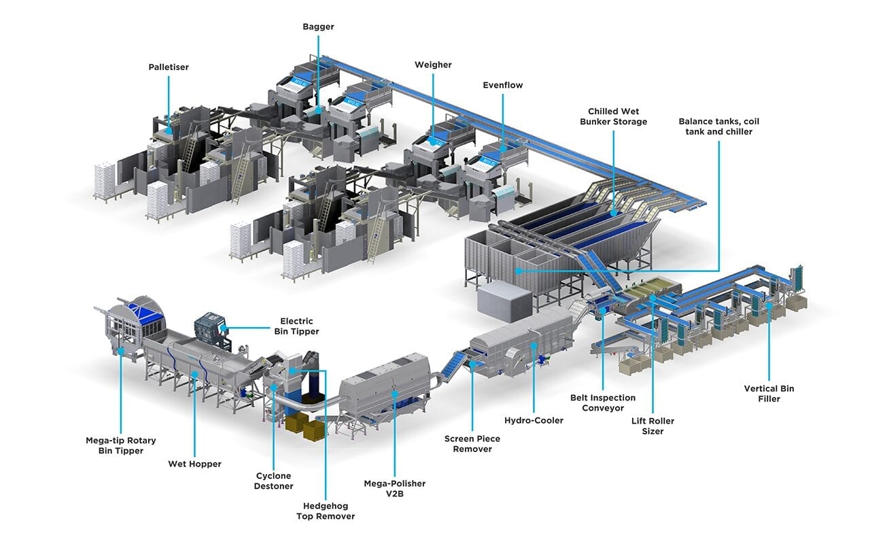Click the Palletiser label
coord(169,67)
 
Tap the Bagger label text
coord(319,27)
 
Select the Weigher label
coord(433,65)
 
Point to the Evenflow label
coord(503,85)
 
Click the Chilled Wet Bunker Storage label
coord(614,116)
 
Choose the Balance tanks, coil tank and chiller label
coord(719,126)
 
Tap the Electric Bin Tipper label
coord(297,326)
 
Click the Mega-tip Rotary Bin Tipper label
coord(121,445)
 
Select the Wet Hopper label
coord(194,464)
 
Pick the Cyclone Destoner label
coord(273,481)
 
